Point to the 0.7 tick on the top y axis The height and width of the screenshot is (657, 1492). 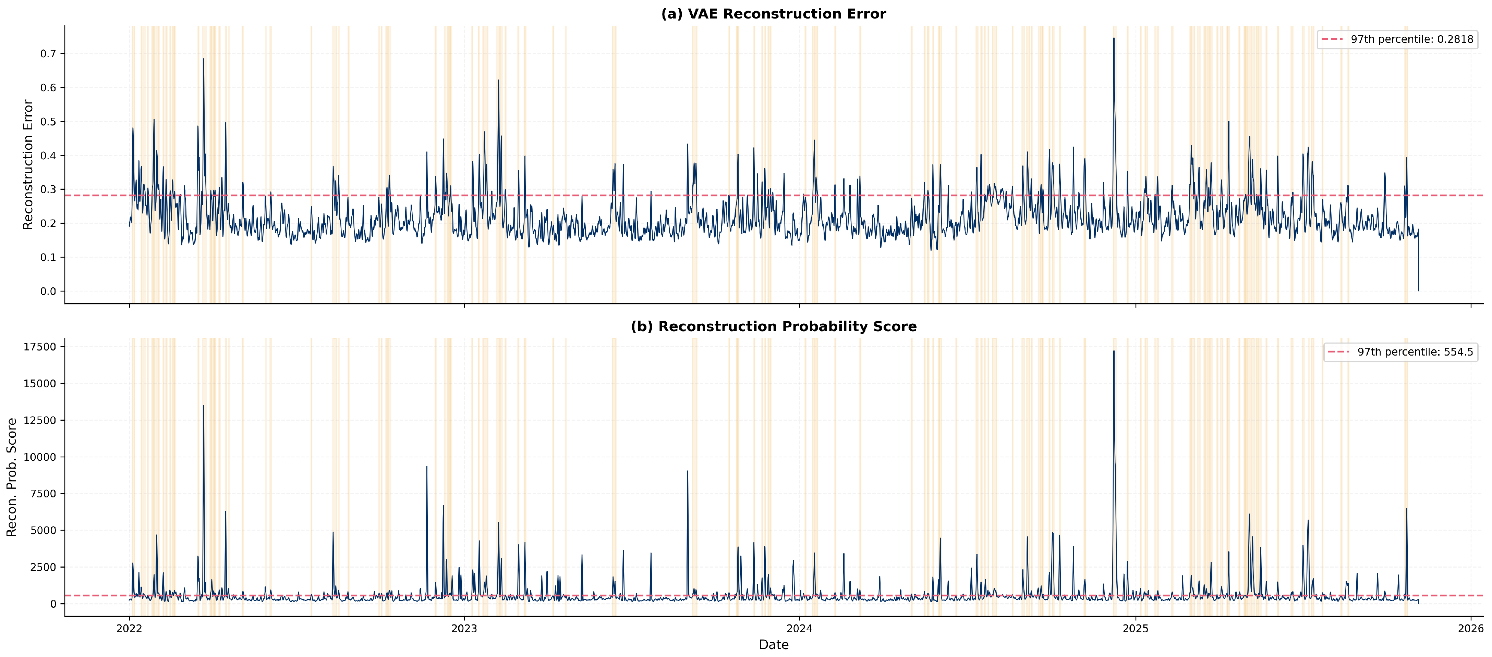[x=49, y=54]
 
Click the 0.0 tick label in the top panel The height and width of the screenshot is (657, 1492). [x=49, y=291]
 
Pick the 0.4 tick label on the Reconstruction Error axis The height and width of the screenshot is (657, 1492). [x=49, y=156]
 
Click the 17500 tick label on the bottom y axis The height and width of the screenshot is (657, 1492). [x=40, y=347]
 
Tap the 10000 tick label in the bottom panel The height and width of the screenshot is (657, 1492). [x=40, y=457]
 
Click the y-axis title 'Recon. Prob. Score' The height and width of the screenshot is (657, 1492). [x=12, y=478]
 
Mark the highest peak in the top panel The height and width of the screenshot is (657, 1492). [x=1113, y=38]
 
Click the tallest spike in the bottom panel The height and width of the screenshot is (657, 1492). [x=1113, y=351]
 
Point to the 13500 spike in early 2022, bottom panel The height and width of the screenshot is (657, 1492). [x=203, y=406]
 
